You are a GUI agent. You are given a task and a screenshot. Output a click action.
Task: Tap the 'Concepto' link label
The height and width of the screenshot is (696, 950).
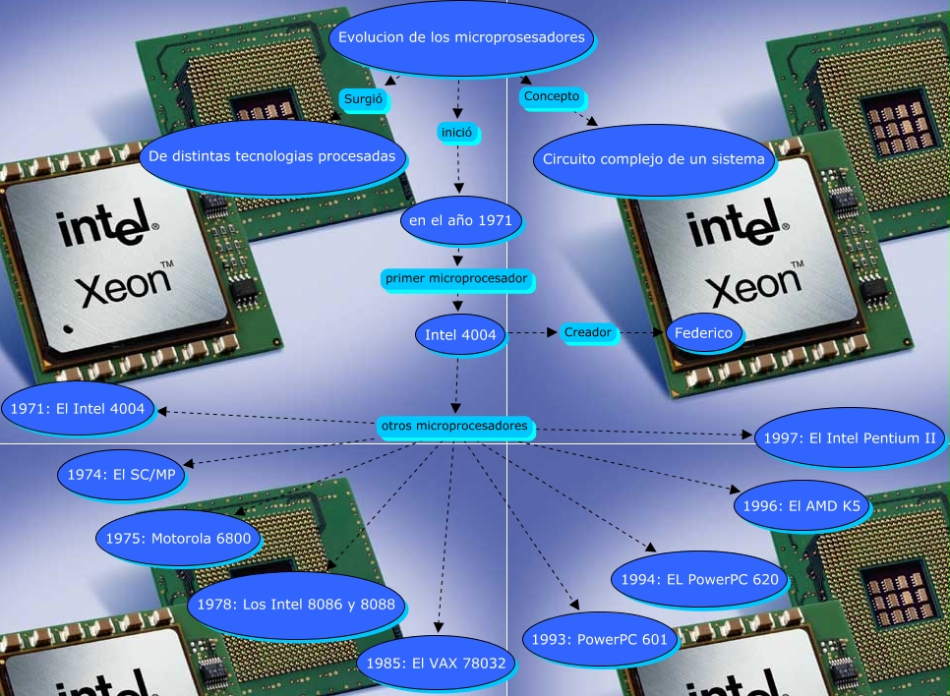pos(552,96)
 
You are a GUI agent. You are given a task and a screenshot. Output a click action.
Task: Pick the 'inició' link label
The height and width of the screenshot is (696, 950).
pos(458,130)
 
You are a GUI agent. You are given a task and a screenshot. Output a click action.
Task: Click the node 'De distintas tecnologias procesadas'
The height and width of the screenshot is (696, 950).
pos(271,156)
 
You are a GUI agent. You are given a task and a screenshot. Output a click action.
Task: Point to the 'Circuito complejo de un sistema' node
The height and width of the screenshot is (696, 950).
pos(653,158)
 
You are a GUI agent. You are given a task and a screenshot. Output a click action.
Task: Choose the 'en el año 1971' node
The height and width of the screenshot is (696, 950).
pos(460,220)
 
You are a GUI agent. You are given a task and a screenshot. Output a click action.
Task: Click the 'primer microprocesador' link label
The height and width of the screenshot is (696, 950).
pos(458,279)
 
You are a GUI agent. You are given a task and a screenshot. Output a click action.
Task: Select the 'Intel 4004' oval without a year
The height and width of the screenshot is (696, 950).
pos(460,334)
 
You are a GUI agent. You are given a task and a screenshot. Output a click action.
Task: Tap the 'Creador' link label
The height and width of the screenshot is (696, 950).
pos(588,333)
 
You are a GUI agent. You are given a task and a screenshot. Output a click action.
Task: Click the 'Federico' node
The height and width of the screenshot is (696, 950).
pos(703,333)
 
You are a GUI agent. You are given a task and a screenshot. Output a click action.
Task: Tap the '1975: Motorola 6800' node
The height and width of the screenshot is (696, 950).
pos(178,538)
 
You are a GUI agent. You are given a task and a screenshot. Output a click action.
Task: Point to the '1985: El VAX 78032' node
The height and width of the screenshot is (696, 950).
pos(436,663)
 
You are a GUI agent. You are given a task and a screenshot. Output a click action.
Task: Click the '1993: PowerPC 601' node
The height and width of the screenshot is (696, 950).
pos(599,640)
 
